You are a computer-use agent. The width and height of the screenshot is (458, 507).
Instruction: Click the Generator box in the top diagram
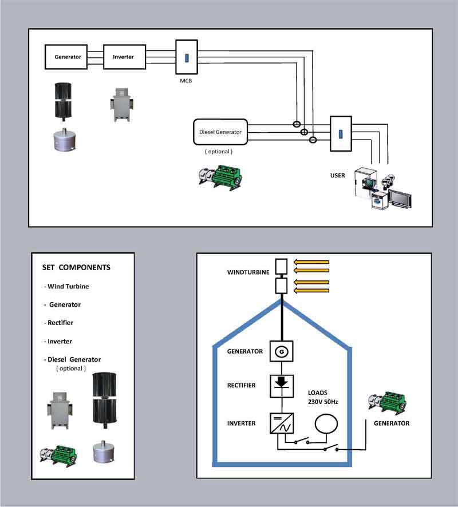click(x=68, y=57)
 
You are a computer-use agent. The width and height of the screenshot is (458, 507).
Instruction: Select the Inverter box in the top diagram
click(x=123, y=57)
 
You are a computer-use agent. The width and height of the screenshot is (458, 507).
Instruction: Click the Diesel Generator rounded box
click(x=220, y=132)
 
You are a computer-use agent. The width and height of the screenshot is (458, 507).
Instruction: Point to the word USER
click(x=338, y=175)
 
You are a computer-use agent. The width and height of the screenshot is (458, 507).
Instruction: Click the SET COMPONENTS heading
click(x=76, y=267)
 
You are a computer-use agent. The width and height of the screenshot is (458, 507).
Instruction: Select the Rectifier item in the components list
click(x=58, y=323)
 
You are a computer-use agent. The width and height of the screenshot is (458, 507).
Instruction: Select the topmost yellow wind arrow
click(x=312, y=263)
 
